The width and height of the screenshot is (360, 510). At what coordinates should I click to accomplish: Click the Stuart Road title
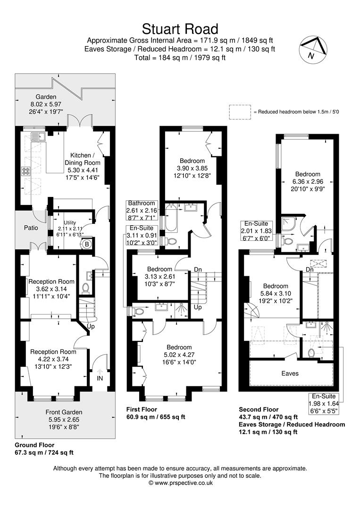coord(180,29)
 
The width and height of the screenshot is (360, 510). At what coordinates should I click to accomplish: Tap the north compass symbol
coord(313,49)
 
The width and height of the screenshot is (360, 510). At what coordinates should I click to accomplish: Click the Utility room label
coord(69,222)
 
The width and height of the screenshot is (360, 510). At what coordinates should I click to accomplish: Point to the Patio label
coord(31,228)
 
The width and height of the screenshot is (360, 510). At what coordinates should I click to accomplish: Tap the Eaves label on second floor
coord(290,374)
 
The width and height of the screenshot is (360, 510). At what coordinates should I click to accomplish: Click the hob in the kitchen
coord(25,171)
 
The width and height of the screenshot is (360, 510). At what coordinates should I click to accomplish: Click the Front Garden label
coord(64,412)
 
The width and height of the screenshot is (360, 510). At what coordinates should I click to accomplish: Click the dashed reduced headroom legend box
coord(240,111)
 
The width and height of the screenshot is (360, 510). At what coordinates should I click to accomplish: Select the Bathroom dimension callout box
coord(142,211)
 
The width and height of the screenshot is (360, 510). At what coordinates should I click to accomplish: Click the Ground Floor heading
coord(35,445)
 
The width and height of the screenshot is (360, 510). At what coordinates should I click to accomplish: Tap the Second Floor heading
coord(259,409)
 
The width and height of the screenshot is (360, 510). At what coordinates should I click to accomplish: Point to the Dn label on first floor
coord(198,269)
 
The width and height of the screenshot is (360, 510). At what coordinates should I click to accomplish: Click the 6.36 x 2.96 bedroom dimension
coord(308,181)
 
